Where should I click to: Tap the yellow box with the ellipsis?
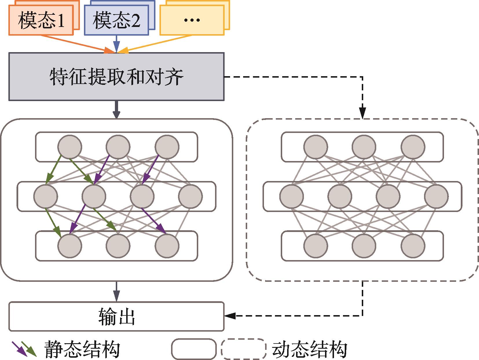(x=192, y=20)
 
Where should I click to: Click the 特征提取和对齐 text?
(x=116, y=77)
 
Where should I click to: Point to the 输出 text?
(x=116, y=317)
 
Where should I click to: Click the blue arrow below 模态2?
(x=116, y=43)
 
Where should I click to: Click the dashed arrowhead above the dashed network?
(x=362, y=112)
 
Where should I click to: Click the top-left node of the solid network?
(x=70, y=147)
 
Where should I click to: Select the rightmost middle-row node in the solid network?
(x=190, y=196)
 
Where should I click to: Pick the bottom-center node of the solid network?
(x=118, y=246)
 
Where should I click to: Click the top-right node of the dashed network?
(x=413, y=147)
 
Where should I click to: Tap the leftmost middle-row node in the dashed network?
(x=292, y=196)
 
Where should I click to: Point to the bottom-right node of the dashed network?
(x=413, y=246)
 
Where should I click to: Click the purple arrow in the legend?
(x=18, y=348)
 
